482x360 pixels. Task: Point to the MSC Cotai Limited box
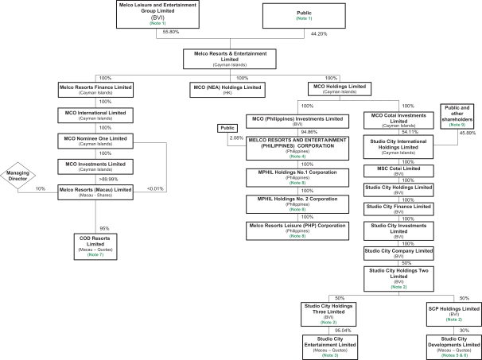398,170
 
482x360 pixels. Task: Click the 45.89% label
468,133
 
